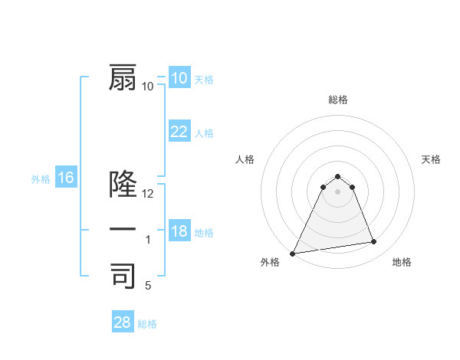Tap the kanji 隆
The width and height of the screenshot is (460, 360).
pyautogui.click(x=123, y=185)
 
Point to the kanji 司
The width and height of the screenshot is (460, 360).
pyautogui.click(x=123, y=276)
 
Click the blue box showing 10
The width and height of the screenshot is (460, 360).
pyautogui.click(x=179, y=78)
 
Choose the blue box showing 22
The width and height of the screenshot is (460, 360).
pyautogui.click(x=179, y=132)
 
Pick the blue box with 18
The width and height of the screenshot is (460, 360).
pyautogui.click(x=179, y=231)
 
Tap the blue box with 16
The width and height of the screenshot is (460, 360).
pyautogui.click(x=65, y=178)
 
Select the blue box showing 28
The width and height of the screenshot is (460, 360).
pyautogui.click(x=122, y=322)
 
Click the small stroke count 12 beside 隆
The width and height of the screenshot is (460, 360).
pyautogui.click(x=148, y=194)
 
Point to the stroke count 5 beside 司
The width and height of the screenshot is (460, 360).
pyautogui.click(x=148, y=286)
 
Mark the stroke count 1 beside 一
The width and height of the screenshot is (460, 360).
pyautogui.click(x=148, y=240)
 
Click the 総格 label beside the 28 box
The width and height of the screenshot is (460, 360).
pyautogui.click(x=147, y=324)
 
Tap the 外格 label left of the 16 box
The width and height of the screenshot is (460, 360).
pyautogui.click(x=41, y=179)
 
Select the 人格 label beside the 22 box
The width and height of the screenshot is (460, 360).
pyautogui.click(x=204, y=133)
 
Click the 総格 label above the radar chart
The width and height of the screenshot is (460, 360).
pyautogui.click(x=337, y=100)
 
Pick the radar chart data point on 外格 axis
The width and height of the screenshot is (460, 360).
pyautogui.click(x=293, y=253)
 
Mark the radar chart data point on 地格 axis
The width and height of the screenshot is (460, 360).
pyautogui.click(x=373, y=242)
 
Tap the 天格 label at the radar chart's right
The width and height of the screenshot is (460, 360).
pyautogui.click(x=432, y=159)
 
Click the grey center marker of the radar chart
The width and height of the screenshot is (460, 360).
pyautogui.click(x=337, y=191)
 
